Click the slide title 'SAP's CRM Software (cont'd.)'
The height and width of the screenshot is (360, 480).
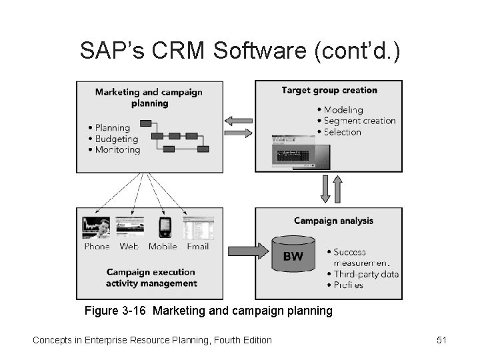[240, 51]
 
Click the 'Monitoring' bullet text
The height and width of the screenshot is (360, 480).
[117, 150]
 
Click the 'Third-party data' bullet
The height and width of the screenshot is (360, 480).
[366, 274]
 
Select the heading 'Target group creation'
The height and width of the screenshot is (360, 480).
[329, 90]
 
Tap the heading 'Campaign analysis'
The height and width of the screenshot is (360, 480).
[333, 221]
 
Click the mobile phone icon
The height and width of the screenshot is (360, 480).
[165, 227]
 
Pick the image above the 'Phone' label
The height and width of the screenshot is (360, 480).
[96, 227]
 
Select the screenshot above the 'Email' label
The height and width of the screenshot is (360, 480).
[198, 227]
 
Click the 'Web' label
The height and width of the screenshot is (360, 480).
[129, 247]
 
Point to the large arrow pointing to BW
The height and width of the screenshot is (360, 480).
[246, 251]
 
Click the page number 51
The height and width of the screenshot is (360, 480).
[441, 340]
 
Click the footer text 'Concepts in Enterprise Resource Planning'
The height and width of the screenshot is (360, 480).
[152, 340]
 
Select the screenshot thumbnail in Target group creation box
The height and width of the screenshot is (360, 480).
[292, 152]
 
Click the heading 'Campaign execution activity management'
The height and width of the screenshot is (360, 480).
[151, 277]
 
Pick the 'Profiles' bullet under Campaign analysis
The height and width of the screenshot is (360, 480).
[348, 285]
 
